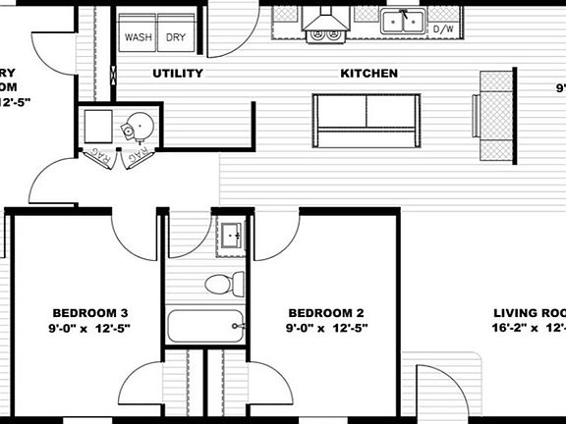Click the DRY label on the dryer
[175, 38]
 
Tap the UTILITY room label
[178, 74]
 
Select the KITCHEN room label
[368, 74]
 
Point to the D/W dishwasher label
[443, 29]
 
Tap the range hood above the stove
[324, 20]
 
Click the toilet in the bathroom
[224, 285]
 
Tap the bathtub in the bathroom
[206, 325]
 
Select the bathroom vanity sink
[233, 236]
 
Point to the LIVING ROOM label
[531, 314]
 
